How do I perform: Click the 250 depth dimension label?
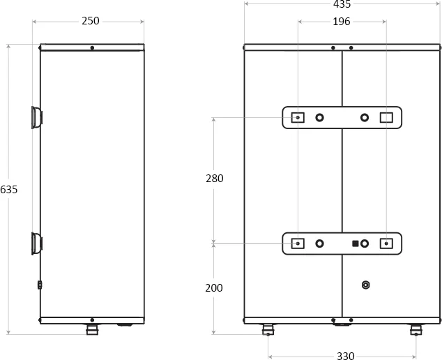click(91, 21)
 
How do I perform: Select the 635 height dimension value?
click(9, 190)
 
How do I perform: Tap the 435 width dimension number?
click(342, 4)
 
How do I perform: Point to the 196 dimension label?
click(342, 22)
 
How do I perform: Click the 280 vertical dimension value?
click(215, 179)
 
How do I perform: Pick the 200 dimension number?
click(214, 288)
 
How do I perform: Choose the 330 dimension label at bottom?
click(346, 356)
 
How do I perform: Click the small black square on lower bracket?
click(356, 243)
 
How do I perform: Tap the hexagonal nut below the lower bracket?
click(365, 285)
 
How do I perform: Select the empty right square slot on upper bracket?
click(386, 117)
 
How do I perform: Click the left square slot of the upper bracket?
click(298, 117)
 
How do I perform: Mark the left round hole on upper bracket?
click(319, 117)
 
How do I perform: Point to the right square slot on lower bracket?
click(386, 243)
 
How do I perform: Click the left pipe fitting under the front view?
click(268, 329)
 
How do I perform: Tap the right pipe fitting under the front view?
click(416, 329)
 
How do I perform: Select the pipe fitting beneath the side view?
click(92, 329)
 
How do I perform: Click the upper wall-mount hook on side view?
click(36, 117)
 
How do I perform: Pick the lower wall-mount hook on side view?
click(36, 243)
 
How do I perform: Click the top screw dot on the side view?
click(92, 48)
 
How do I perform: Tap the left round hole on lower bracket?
click(319, 243)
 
